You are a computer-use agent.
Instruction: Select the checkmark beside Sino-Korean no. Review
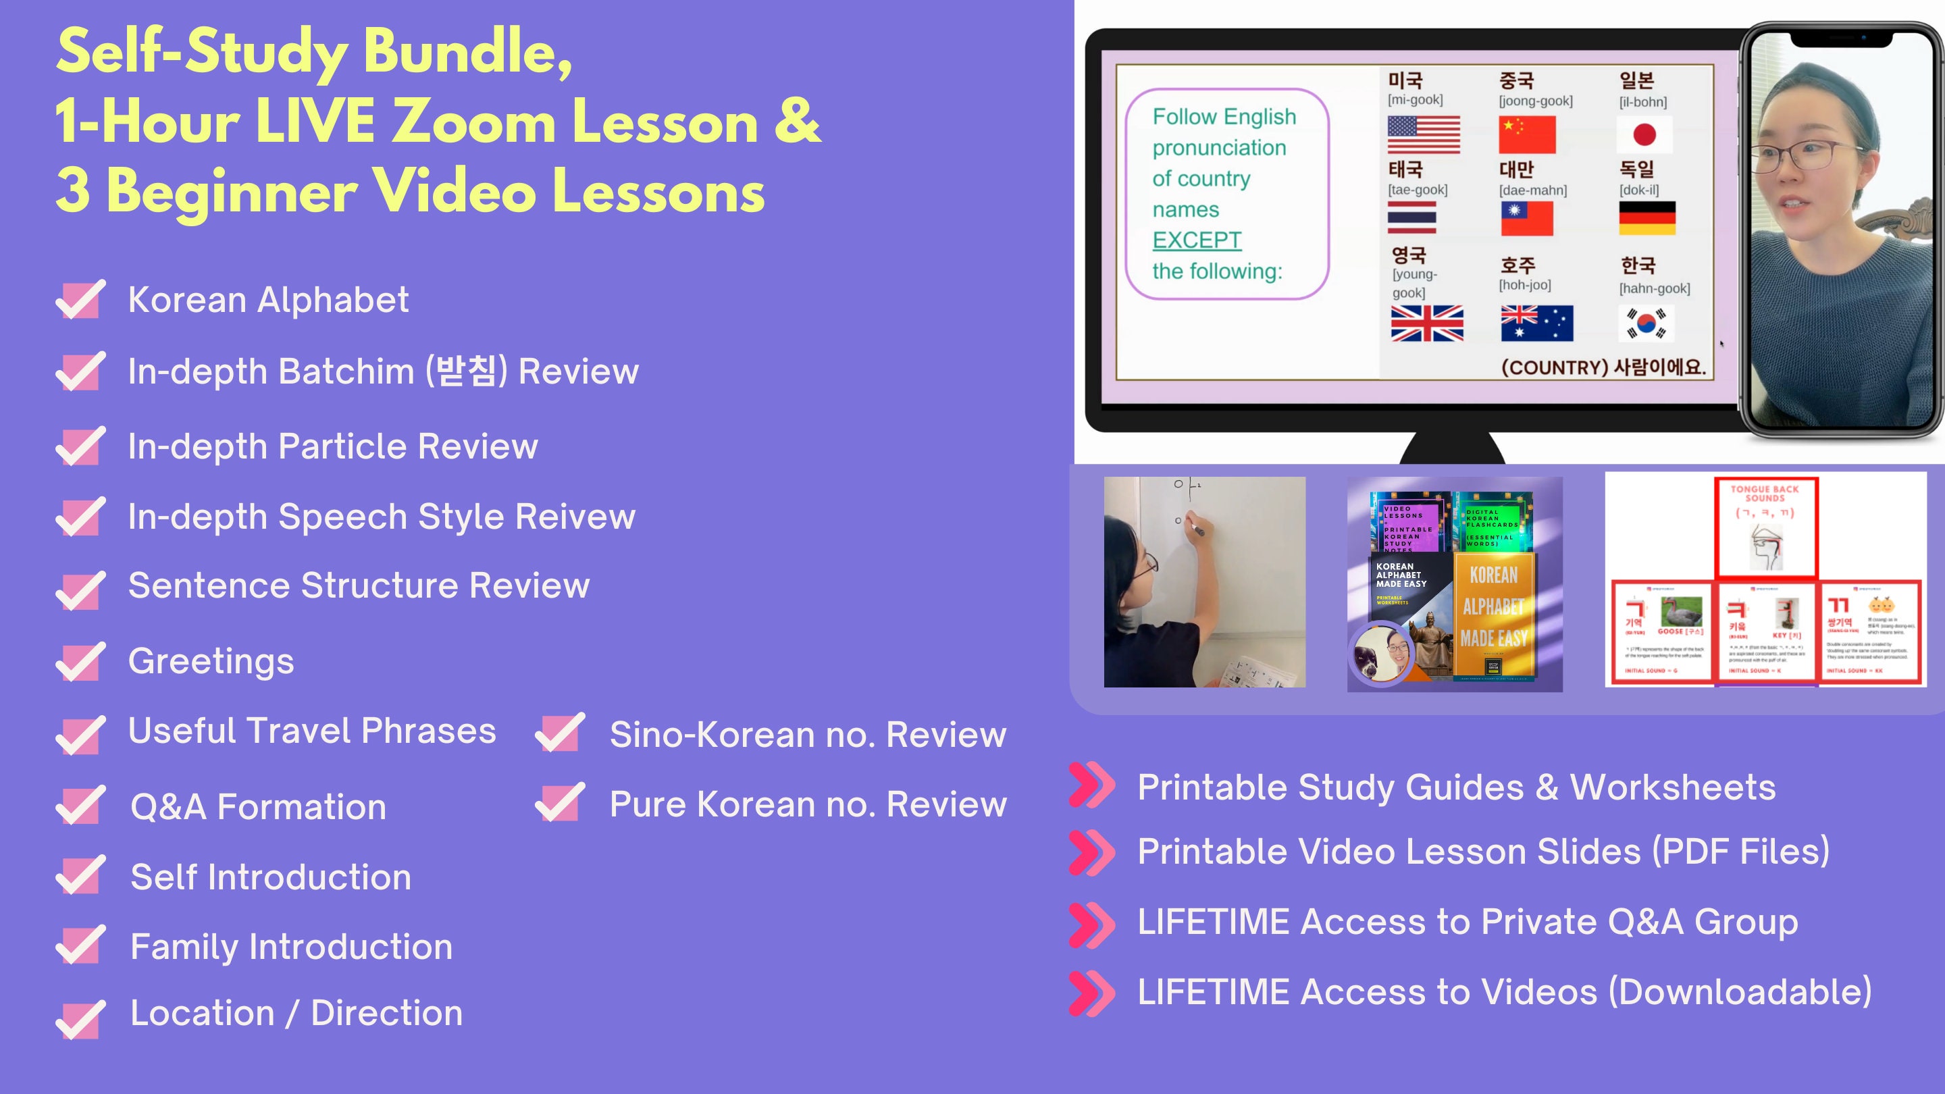coord(559,732)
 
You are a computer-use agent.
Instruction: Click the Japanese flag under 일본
coord(1644,135)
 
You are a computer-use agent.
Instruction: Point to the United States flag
coord(1423,135)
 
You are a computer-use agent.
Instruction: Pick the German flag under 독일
coord(1646,217)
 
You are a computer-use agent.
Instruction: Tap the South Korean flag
coord(1646,323)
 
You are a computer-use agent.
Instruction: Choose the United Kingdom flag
coord(1427,323)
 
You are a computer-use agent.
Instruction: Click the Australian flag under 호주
coord(1536,323)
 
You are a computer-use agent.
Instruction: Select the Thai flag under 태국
coord(1411,217)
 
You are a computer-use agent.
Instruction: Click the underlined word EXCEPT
coord(1197,240)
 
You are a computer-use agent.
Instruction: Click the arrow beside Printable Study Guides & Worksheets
coord(1092,786)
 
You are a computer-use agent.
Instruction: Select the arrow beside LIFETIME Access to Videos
coord(1092,992)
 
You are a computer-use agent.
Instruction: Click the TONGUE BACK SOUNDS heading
coord(1765,494)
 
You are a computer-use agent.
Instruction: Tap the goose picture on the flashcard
coord(1682,610)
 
